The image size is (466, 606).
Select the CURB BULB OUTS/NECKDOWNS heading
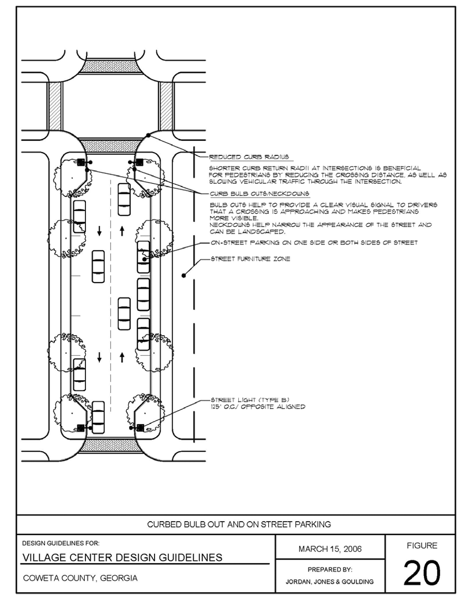coord(258,193)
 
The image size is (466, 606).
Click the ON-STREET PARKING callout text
coord(313,242)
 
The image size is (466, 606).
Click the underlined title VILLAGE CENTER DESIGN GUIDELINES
coord(122,557)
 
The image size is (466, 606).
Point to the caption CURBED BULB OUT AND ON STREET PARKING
coord(239,525)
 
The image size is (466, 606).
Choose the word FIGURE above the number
coord(422,545)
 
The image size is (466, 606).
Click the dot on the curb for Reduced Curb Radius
coord(148,135)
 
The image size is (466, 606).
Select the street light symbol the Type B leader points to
coord(140,428)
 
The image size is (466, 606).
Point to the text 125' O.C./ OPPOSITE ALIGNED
coord(258,407)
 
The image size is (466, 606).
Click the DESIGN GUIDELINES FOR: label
coord(61,543)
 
